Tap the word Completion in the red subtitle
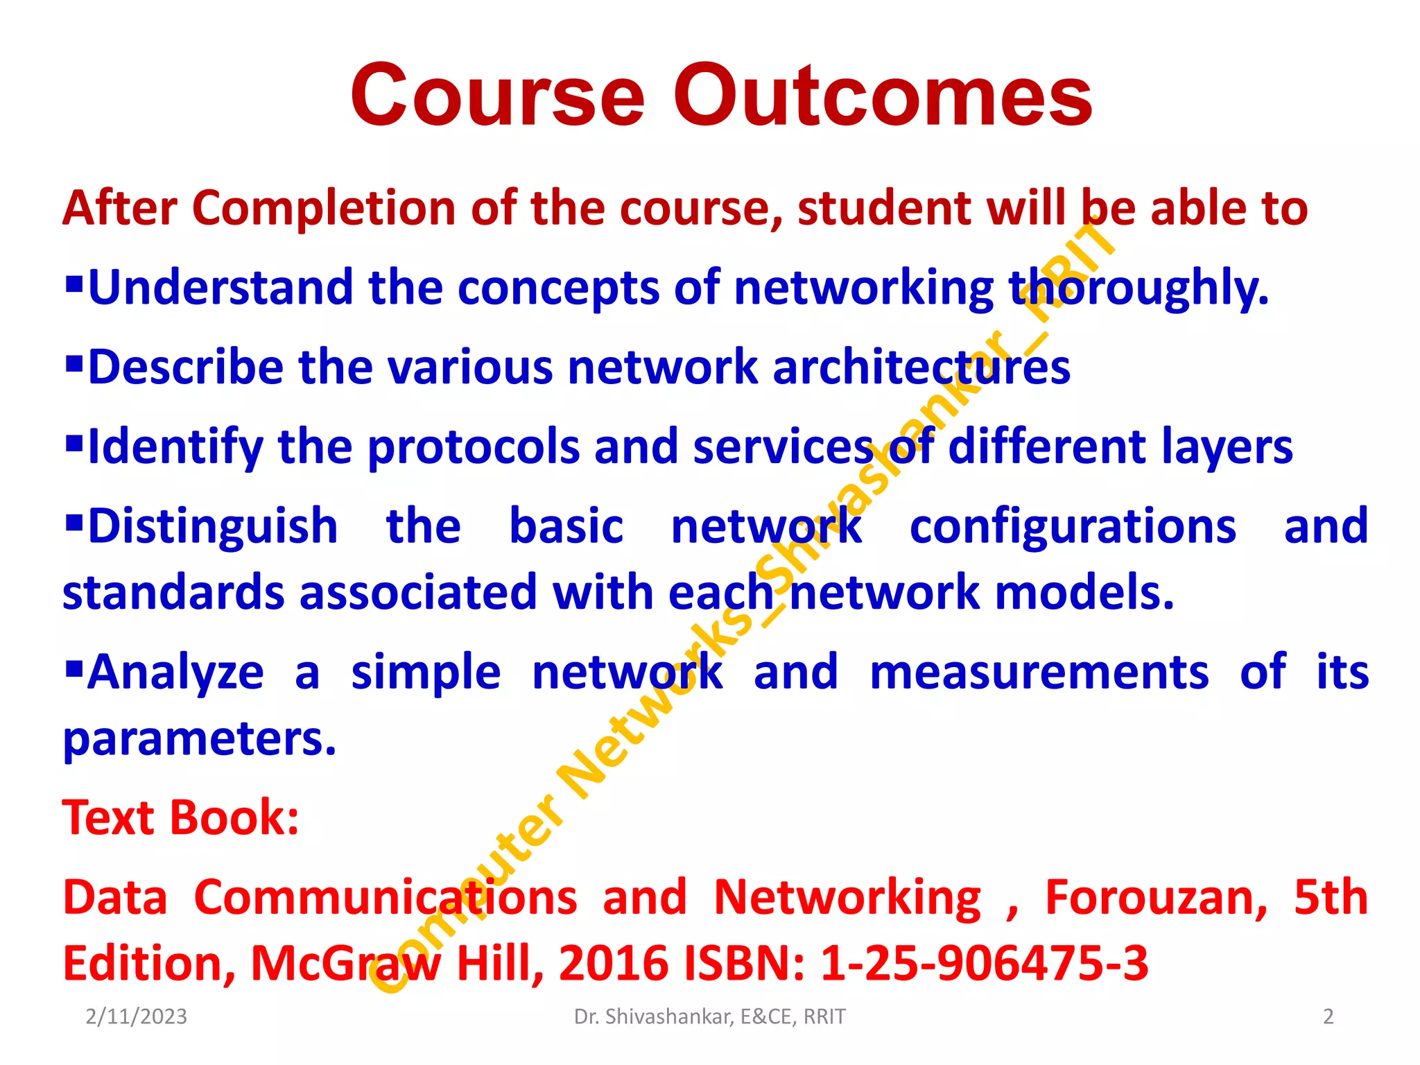tap(324, 208)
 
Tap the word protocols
tap(473, 447)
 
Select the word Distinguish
tap(212, 526)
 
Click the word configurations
tap(1072, 526)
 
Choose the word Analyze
tap(175, 673)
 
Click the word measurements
tap(1039, 673)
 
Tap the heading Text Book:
tap(181, 817)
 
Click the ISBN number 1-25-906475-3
tap(985, 964)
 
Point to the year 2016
tap(614, 964)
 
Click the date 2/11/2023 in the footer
tap(136, 1016)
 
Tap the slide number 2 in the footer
tap(1328, 1016)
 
